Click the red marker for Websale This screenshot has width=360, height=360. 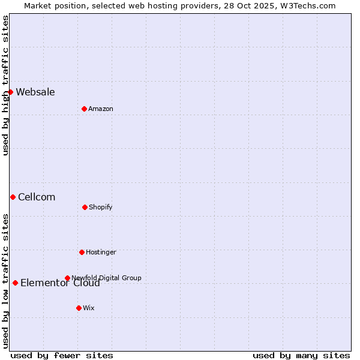click(x=10, y=92)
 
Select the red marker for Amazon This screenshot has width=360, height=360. click(x=84, y=109)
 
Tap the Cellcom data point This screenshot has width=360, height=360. click(x=13, y=197)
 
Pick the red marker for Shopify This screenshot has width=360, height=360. click(x=85, y=207)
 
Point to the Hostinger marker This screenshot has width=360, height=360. click(x=82, y=252)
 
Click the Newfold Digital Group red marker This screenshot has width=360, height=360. click(x=67, y=278)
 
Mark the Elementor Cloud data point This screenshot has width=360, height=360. click(x=15, y=283)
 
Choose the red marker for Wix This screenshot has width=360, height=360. click(x=79, y=308)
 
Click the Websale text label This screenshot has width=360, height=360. click(x=35, y=92)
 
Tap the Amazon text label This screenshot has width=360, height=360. click(x=101, y=109)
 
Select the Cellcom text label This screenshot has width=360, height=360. click(x=37, y=197)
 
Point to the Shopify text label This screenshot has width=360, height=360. click(x=101, y=207)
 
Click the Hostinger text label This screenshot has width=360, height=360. click(x=101, y=252)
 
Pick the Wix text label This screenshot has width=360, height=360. click(x=89, y=308)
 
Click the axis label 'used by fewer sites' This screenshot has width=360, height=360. click(x=62, y=355)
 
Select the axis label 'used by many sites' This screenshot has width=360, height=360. click(x=301, y=355)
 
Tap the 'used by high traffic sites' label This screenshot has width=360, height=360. click(x=5, y=85)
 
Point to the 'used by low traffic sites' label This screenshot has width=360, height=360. click(x=5, y=281)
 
